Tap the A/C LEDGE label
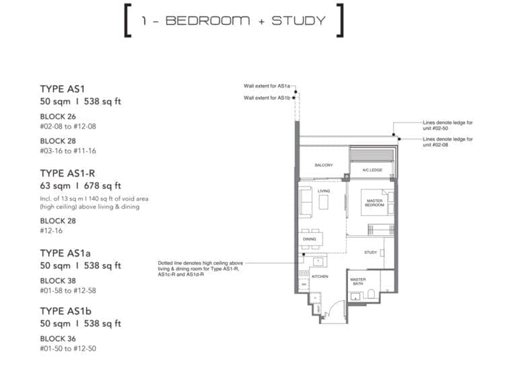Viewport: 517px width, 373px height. click(372, 170)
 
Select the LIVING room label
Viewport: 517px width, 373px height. click(324, 191)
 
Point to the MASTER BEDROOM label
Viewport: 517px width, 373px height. click(374, 203)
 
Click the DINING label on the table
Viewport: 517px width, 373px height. click(310, 238)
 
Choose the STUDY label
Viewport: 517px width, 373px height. click(370, 252)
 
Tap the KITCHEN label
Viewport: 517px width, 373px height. click(319, 276)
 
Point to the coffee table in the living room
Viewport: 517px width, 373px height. click(323, 205)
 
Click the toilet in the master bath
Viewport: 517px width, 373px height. click(372, 296)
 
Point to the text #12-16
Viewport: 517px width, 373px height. click(53, 231)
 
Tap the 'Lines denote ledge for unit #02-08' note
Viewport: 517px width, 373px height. click(447, 141)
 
